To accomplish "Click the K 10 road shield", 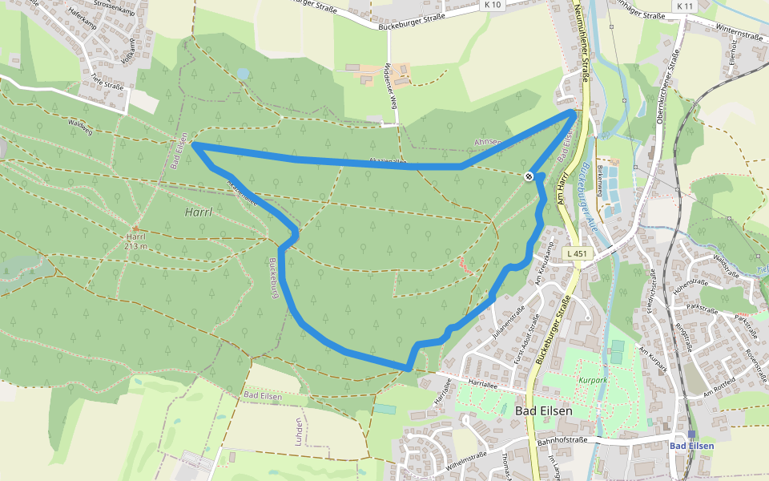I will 493,6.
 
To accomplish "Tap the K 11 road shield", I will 684,6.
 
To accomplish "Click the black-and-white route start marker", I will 529,176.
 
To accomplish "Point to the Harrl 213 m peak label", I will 135,241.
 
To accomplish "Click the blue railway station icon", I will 690,434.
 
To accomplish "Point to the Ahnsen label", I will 487,142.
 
